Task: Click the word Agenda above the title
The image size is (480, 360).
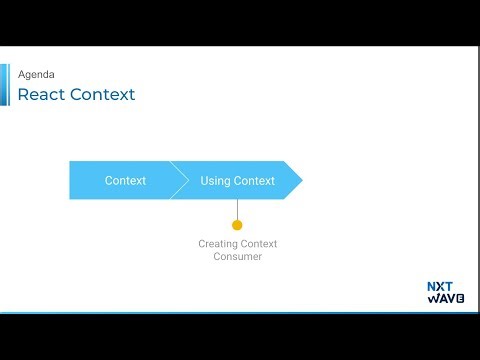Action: pos(36,74)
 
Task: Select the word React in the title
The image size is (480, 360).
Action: pos(43,95)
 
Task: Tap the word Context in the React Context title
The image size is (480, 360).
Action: pos(103,95)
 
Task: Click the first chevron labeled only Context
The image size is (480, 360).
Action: pos(125,181)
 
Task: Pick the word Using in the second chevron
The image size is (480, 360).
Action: pos(215,181)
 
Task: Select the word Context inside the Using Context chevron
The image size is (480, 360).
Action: pos(254,181)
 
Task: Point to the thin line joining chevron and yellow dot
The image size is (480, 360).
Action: pos(237,208)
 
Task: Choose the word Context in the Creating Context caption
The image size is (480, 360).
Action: pos(259,244)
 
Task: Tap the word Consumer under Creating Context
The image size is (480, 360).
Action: pos(237,257)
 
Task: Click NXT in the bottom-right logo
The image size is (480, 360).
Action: pos(440,286)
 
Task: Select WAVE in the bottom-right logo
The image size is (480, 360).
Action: pos(440,298)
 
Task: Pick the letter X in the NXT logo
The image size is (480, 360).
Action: pos(440,286)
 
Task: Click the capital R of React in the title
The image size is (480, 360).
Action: pos(24,95)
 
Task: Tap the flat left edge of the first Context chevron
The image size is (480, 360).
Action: pos(71,180)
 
